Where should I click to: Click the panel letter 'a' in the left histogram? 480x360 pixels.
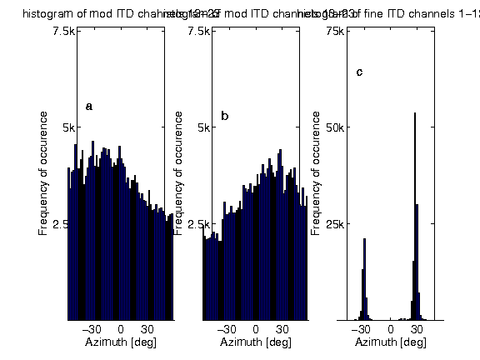89,107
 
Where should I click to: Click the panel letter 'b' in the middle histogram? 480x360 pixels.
224,116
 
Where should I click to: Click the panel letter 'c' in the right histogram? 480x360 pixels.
359,72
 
